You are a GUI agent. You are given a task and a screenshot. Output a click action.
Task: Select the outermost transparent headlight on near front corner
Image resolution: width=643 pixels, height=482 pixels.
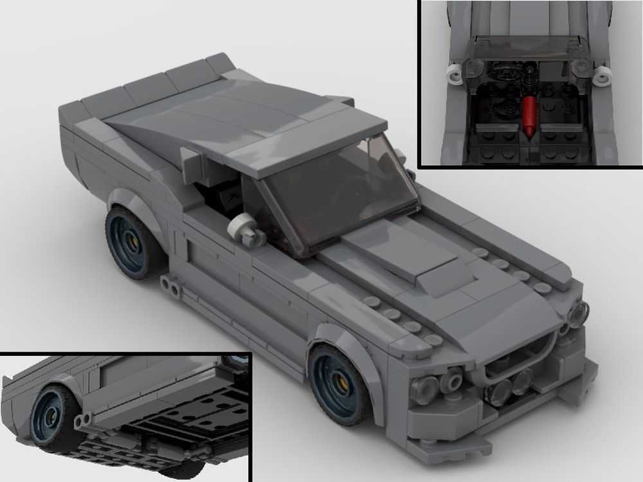coord(424,389)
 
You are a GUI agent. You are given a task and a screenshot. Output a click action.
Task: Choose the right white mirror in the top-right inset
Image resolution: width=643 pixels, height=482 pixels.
coord(603,75)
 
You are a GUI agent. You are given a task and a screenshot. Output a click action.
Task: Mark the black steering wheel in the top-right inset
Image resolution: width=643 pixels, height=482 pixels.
coord(503,74)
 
